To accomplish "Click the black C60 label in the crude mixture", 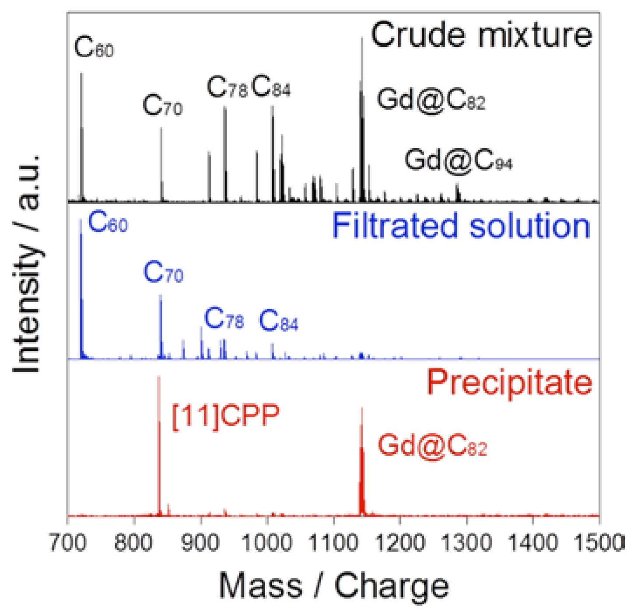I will [x=94, y=47].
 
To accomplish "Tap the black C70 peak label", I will [x=162, y=106].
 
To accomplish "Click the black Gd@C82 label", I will [x=431, y=100].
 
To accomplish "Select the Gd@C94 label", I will [x=458, y=160].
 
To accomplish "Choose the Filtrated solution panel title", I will [x=461, y=226].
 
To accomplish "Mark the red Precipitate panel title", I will [x=509, y=383].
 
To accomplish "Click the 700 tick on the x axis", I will [x=68, y=543].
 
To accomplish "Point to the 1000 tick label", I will [x=267, y=543].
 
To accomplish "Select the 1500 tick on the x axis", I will [x=599, y=543].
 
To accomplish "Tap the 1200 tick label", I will [x=400, y=543].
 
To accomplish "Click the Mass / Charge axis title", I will [x=333, y=586].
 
